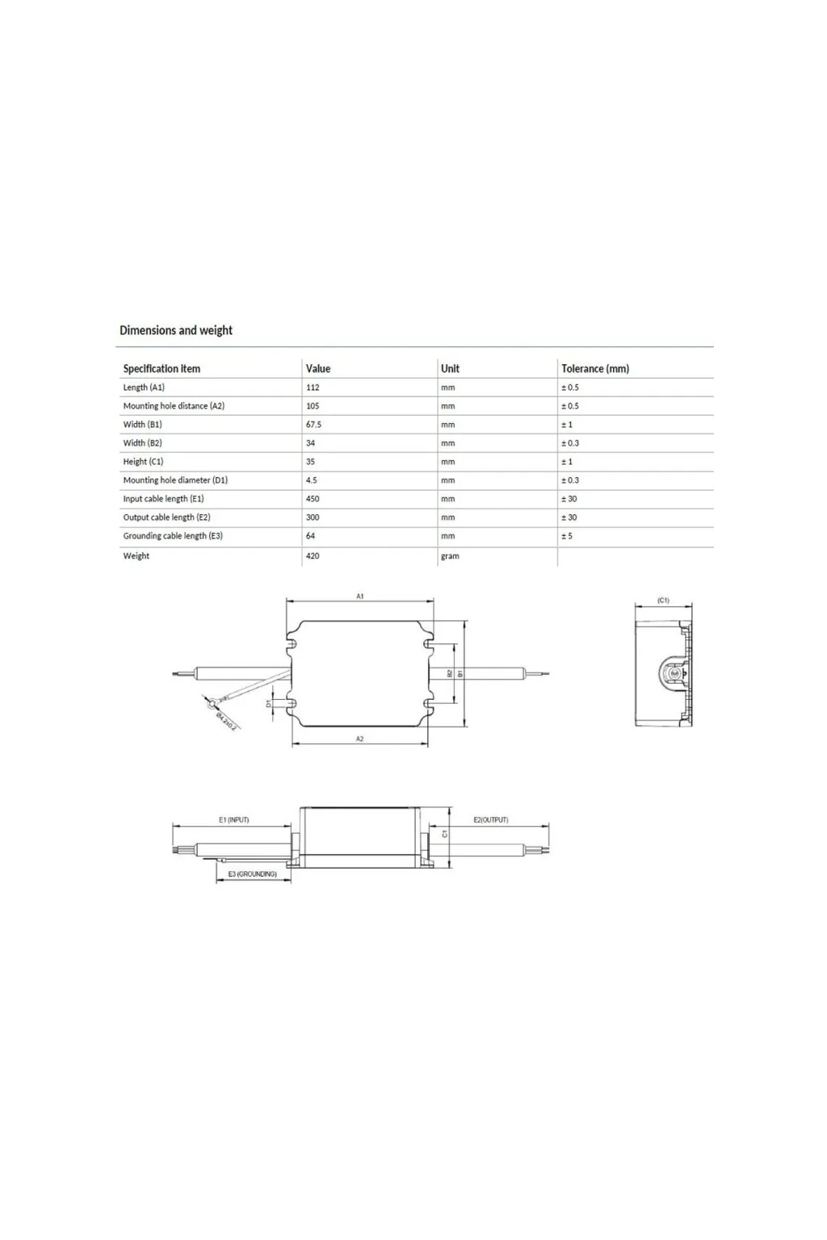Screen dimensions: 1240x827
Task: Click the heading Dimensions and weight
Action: coord(175,330)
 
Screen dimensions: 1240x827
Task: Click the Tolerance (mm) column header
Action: coord(594,369)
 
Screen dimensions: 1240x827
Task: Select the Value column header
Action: coord(317,369)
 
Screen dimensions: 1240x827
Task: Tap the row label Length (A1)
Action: coord(144,387)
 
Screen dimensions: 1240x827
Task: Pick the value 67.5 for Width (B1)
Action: coord(313,425)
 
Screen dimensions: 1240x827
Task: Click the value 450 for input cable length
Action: coord(313,499)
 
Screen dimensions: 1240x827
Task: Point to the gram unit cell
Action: coord(450,556)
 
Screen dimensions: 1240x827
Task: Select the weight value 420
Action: coord(313,556)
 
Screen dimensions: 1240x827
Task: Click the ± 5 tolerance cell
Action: coord(567,536)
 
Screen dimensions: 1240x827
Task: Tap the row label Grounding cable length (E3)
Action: coord(173,536)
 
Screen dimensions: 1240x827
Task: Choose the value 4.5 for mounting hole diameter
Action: coord(311,480)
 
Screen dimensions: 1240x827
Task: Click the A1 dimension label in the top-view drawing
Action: coord(360,597)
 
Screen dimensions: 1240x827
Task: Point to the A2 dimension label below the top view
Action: coord(360,739)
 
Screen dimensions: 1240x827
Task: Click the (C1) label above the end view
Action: coord(663,601)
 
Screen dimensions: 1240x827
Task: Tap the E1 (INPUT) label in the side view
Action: coord(233,820)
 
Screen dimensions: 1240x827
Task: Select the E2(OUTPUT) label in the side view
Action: coord(490,820)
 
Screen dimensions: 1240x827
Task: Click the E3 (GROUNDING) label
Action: coord(252,874)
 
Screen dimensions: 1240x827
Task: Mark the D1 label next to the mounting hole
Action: coord(270,703)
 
